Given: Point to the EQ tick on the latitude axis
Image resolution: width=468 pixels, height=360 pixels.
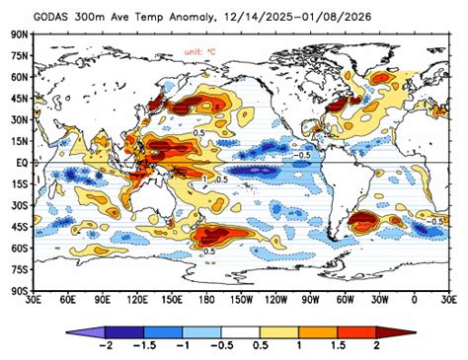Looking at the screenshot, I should (19, 162).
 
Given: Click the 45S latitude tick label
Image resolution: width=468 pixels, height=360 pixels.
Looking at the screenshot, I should (18, 227).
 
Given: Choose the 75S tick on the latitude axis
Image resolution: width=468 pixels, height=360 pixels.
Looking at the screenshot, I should (18, 270).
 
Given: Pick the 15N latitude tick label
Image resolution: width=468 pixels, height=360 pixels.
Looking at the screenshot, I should (18, 141).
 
